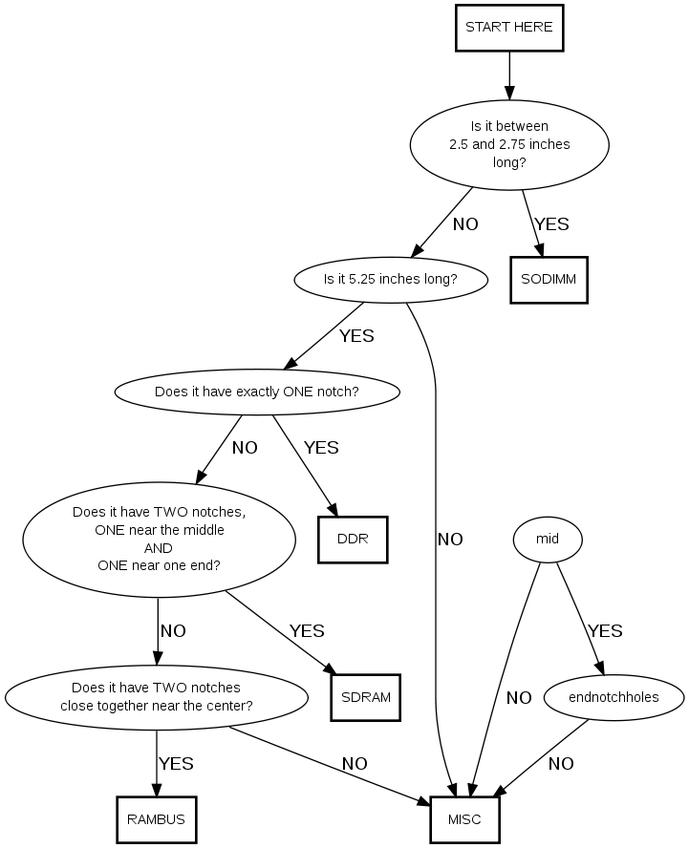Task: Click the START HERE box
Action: pos(508,28)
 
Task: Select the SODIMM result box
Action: pos(549,279)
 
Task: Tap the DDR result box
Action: pos(352,539)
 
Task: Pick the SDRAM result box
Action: pos(365,696)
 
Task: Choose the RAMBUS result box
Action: pos(156,818)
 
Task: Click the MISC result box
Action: pos(464,818)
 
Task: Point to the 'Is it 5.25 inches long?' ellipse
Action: pos(390,280)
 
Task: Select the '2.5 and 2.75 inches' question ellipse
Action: pos(509,143)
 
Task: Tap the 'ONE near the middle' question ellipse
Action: pos(159,539)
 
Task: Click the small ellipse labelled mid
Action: pos(547,540)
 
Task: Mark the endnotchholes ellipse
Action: pos(614,697)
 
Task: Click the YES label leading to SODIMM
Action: pos(551,224)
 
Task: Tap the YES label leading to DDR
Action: pos(321,447)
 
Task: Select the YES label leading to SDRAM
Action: pos(307,630)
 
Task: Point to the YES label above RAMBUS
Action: pos(176,763)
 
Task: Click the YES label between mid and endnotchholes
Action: pos(605,630)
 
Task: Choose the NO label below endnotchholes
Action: pos(561,763)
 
